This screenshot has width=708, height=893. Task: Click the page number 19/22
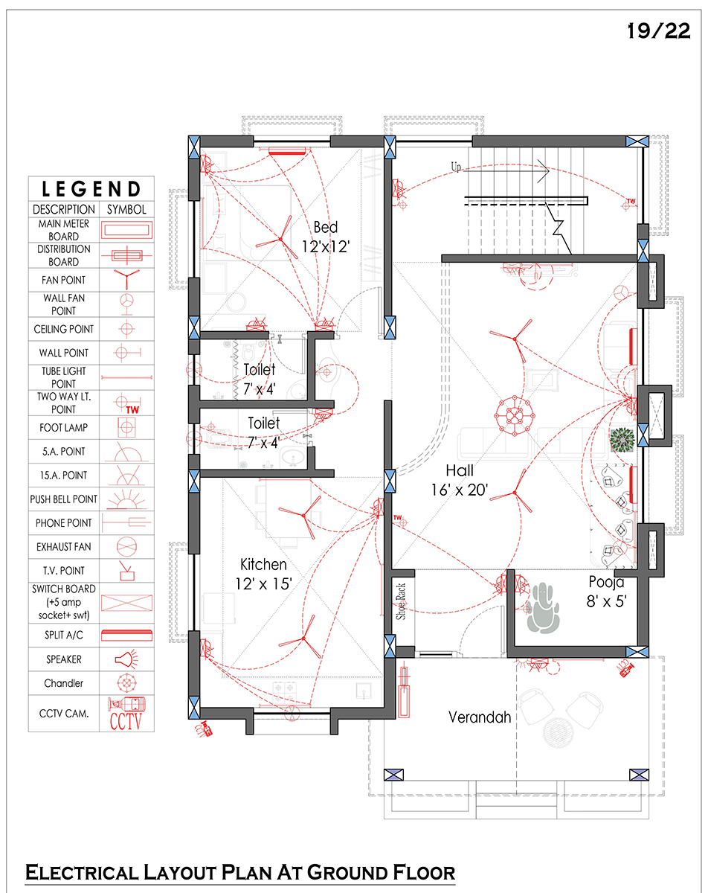pos(659,31)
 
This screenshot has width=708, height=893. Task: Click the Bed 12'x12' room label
pos(326,237)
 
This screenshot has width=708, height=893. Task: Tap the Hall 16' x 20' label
pos(460,480)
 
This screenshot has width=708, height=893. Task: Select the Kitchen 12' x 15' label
pos(264,574)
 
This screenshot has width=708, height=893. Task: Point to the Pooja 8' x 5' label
pos(606,592)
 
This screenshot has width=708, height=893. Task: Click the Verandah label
pos(480,717)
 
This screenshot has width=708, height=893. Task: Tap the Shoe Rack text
pos(401,602)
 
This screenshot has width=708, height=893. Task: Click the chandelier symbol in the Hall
pos(515,416)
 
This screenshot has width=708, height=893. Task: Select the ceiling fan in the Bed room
pos(280,239)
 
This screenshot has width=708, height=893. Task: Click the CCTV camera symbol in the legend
pos(126,714)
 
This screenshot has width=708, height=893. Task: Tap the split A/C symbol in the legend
pos(126,636)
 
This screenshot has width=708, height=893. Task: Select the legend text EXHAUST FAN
pos(64,547)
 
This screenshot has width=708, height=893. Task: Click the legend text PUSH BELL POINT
pos(64,499)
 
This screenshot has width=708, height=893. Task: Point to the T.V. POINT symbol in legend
pos(126,571)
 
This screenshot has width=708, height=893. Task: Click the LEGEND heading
pos(91,189)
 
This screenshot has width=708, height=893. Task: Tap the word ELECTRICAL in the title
pos(82,872)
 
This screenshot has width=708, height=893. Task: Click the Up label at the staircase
pos(456,167)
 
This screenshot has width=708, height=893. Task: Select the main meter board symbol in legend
pos(126,230)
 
